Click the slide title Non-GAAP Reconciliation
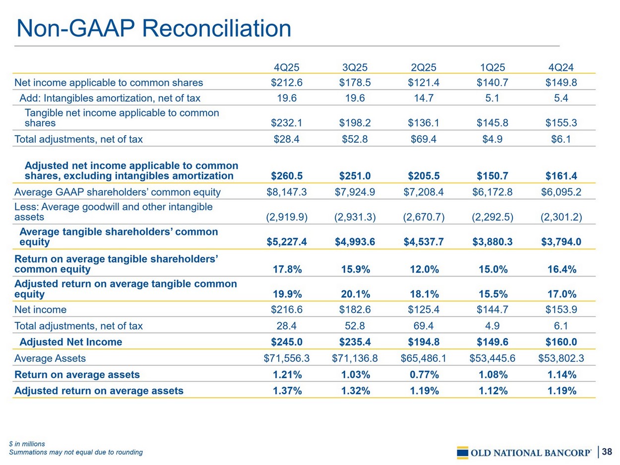point(154,28)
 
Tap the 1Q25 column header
point(493,67)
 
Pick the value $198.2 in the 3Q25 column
point(355,122)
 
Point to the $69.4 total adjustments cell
point(424,139)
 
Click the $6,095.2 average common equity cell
point(561,192)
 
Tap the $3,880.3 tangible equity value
point(493,242)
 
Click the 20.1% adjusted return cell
point(355,294)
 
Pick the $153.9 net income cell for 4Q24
point(561,310)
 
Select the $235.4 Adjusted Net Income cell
point(355,342)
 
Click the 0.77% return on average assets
point(424,375)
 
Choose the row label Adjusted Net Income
point(70,342)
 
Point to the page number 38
point(607,452)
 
